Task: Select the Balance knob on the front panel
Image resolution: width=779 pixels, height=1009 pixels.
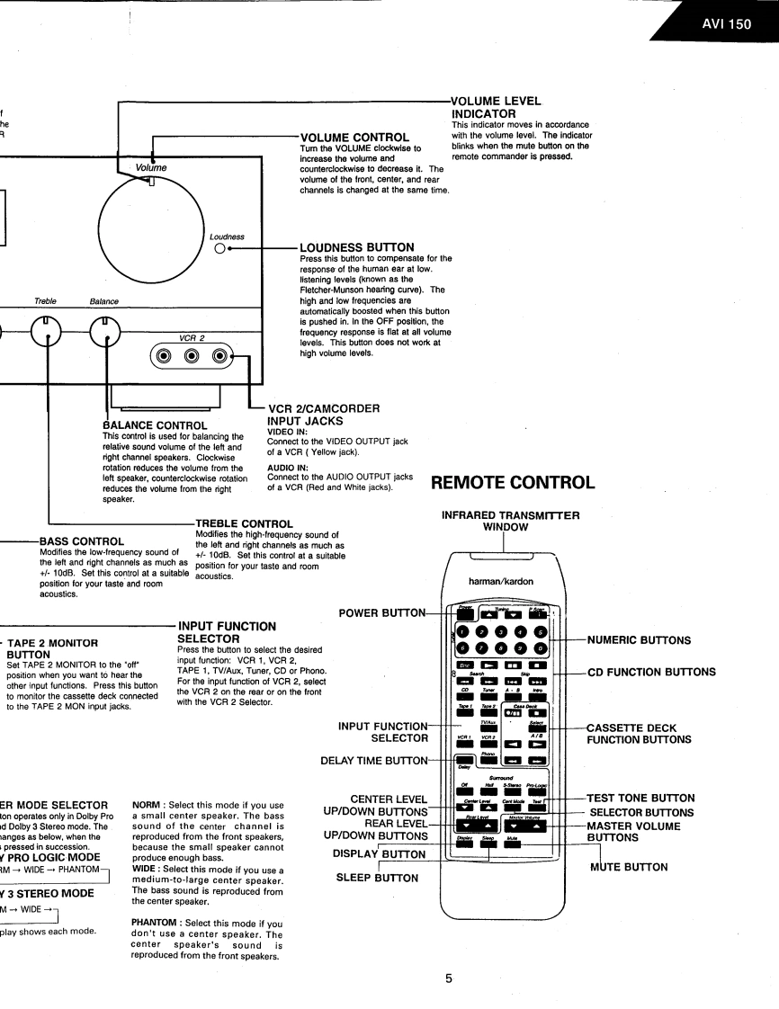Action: pyautogui.click(x=108, y=334)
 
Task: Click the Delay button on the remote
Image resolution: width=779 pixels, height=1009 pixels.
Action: pyautogui.click(x=464, y=763)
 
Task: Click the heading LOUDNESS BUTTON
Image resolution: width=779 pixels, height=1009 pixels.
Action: pyautogui.click(x=358, y=246)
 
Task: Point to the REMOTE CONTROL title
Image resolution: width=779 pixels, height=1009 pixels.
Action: pyautogui.click(x=514, y=481)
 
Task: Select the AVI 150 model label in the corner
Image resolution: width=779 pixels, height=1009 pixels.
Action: pyautogui.click(x=726, y=23)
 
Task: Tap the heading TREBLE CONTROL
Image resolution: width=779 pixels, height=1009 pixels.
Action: pyautogui.click(x=243, y=522)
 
